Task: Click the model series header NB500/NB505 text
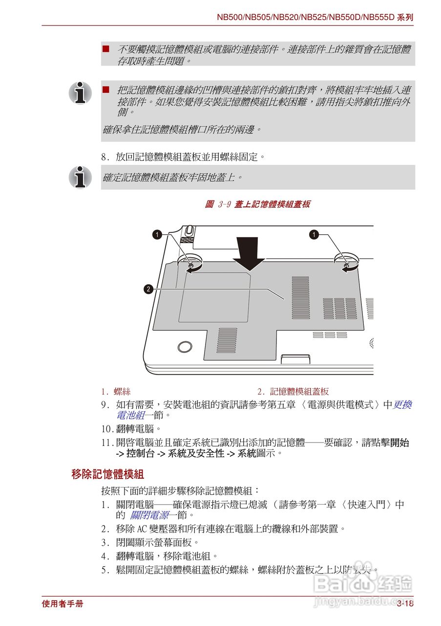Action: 315,17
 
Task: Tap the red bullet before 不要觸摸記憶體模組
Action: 105,49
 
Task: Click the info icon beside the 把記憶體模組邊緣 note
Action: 80,92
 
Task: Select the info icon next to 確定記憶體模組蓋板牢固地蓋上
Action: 80,177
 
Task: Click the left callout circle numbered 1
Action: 157,235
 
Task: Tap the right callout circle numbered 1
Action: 314,235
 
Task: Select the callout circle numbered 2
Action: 148,289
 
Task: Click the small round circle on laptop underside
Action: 184,347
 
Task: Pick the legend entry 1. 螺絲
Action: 116,391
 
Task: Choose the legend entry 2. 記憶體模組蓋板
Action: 293,391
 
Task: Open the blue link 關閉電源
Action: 149,515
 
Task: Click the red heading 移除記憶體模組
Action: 107,474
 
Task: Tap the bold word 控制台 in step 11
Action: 138,453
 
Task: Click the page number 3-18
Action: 405,604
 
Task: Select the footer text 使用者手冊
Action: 63,604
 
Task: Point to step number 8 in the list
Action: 105,157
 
